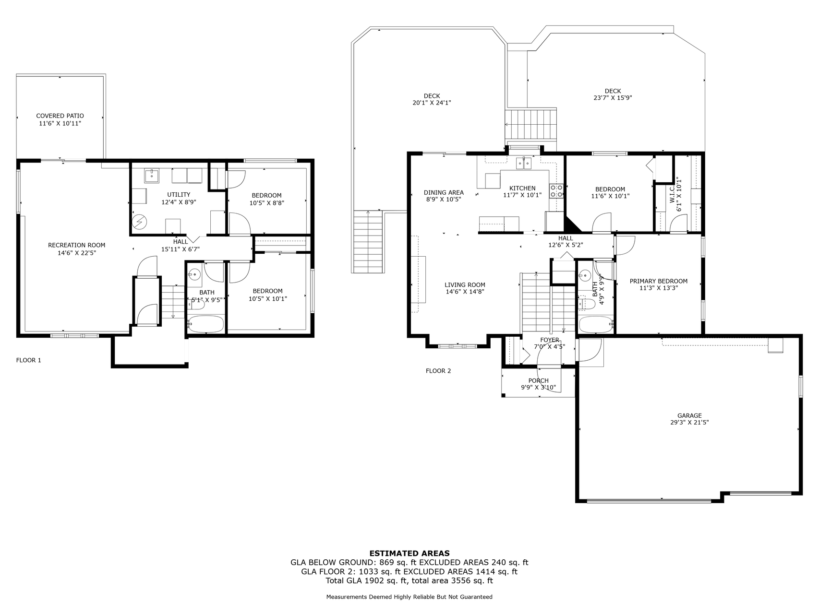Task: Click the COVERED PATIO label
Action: [60, 116]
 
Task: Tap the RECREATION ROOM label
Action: [76, 245]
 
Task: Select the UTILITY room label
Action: [179, 195]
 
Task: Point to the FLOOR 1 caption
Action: [29, 360]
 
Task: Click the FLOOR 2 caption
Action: [438, 371]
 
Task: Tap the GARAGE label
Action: [689, 416]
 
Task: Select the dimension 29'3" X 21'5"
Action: [689, 423]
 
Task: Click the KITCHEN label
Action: [522, 189]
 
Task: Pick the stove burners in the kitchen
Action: [556, 191]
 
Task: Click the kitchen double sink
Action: [524, 164]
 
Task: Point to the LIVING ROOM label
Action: [465, 284]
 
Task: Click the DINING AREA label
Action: [444, 192]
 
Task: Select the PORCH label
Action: [538, 381]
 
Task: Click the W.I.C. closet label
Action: [672, 194]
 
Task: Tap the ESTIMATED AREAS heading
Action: [409, 553]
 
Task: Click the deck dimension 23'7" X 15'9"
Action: [613, 98]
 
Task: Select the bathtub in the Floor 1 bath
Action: [205, 324]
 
